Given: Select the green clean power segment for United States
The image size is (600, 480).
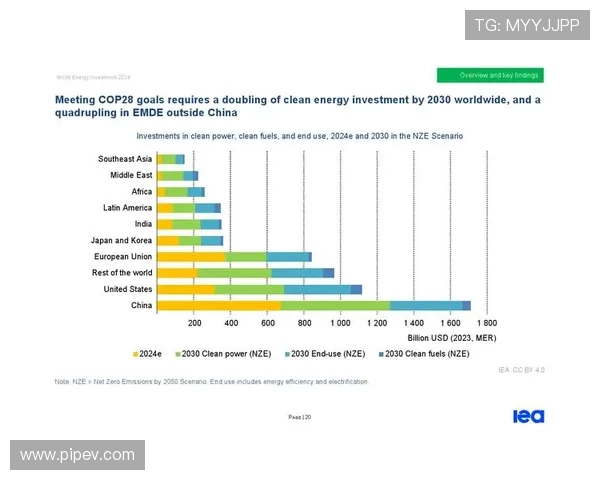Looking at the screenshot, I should (249, 289).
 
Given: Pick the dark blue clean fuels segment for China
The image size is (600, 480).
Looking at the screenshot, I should (466, 305).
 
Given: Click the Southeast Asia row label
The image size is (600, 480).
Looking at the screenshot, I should (125, 159).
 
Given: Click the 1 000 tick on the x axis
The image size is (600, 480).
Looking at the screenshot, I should (340, 324).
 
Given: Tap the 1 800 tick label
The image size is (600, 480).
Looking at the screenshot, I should (486, 324).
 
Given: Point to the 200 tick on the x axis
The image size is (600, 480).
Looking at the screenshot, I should (195, 324).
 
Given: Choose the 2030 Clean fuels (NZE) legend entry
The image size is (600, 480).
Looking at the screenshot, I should (424, 353).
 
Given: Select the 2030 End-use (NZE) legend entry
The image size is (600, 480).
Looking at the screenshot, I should (326, 353).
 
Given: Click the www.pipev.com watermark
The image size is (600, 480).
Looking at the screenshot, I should (78, 455).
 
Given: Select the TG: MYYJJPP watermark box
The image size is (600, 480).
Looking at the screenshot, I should (527, 24).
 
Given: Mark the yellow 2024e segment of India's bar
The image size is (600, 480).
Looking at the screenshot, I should (165, 224).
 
